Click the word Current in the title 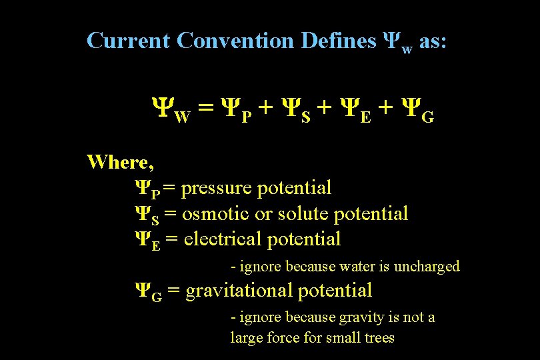(x=129, y=41)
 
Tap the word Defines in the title (x=339, y=41)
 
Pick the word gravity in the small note (x=365, y=318)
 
